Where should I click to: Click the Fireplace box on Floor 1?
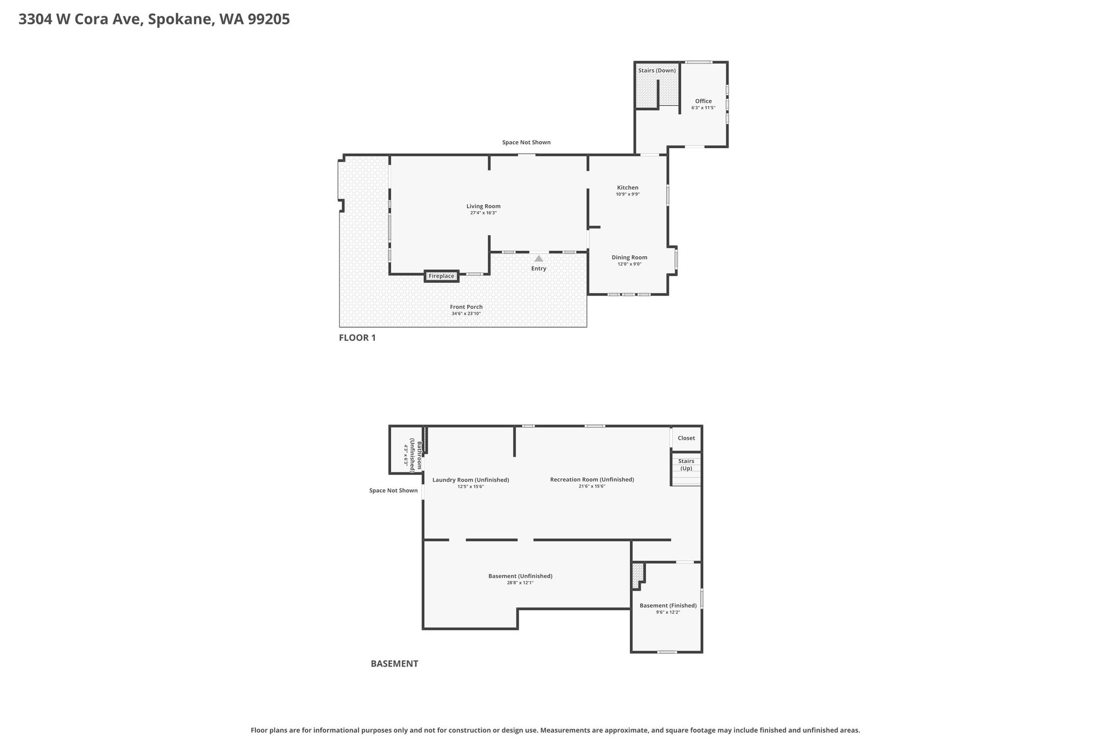442,276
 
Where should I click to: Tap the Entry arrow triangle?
539,258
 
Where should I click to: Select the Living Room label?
483,206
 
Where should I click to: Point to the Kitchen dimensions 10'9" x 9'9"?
628,194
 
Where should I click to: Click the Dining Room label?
629,257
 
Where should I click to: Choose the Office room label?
704,101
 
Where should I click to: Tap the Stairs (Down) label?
657,71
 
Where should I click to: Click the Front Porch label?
466,307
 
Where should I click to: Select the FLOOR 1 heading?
357,338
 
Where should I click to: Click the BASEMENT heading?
394,663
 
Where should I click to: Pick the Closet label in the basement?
686,438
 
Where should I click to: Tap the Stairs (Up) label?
686,465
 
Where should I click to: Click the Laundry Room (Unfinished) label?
471,480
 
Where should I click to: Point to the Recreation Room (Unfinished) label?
592,479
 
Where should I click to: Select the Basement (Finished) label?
668,605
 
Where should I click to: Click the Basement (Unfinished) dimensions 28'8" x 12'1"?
520,582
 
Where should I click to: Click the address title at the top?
154,20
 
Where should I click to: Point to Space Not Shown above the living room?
526,142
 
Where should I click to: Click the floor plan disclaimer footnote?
555,730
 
